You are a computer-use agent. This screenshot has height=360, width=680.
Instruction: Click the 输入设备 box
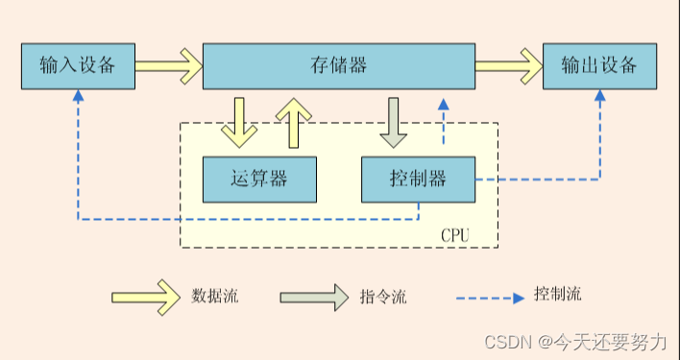(78, 66)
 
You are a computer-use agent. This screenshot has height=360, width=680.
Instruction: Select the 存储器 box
(338, 66)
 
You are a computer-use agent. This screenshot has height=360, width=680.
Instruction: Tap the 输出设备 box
(600, 66)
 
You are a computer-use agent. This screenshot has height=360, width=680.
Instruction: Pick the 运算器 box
(259, 179)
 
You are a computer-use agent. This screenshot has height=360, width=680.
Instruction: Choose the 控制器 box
(418, 179)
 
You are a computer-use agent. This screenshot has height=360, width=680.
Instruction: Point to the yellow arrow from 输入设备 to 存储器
(168, 66)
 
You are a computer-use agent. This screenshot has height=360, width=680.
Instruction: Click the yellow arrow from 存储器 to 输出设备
(508, 66)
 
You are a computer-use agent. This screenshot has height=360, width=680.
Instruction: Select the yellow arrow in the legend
(145, 296)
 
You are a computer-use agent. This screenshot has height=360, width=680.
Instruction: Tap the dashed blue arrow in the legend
(490, 296)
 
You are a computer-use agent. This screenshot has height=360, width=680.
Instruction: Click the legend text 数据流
(215, 296)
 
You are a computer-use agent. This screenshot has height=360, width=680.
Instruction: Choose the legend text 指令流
(383, 297)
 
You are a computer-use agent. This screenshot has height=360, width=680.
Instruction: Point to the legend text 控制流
(558, 294)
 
